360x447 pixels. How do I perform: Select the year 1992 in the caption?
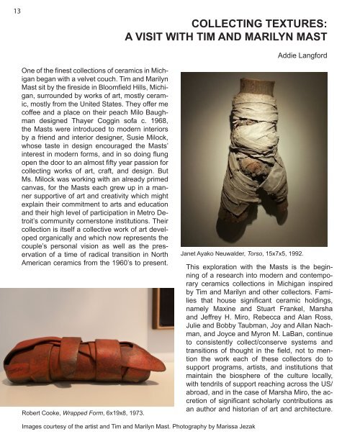click(314, 254)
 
